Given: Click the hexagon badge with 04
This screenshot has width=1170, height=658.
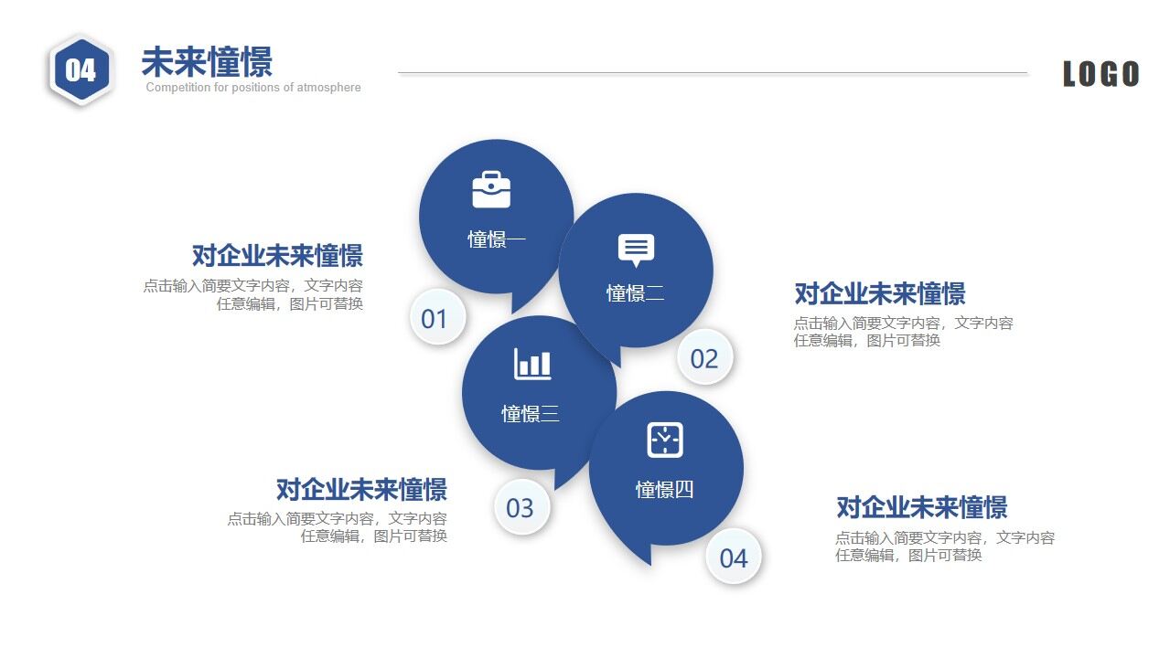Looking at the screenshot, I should [81, 70].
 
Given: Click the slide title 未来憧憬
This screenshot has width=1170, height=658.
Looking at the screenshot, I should [207, 62].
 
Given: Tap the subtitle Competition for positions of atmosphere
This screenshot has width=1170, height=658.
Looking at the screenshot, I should [253, 88].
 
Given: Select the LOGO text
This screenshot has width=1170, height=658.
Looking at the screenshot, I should [1100, 74].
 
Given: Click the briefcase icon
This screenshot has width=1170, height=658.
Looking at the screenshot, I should [491, 189].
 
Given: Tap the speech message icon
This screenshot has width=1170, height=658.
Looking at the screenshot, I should [636, 249].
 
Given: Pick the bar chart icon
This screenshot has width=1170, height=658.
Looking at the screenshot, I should [532, 364].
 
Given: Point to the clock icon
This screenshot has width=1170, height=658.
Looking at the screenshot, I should [665, 440].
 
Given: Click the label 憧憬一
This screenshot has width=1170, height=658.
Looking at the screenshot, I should [497, 239].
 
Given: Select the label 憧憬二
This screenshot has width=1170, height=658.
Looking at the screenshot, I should [636, 293].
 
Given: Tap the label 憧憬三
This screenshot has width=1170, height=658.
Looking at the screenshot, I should [531, 414].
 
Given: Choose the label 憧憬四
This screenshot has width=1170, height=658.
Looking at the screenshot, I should [665, 490].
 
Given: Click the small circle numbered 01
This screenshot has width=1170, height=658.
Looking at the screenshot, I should [435, 319].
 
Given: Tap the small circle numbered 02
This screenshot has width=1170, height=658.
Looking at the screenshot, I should [704, 358].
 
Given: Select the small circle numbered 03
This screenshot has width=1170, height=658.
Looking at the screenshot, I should [520, 507].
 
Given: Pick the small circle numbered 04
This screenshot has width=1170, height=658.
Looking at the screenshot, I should [734, 557].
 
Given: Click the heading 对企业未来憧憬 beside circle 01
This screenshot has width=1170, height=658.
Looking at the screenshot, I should [277, 255].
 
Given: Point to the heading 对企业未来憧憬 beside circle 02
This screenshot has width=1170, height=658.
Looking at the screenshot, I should [880, 293].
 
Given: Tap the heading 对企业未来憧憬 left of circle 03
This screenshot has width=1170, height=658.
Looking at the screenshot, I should [361, 489].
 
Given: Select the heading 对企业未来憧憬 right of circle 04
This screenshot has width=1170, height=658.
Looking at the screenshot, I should [922, 507].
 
